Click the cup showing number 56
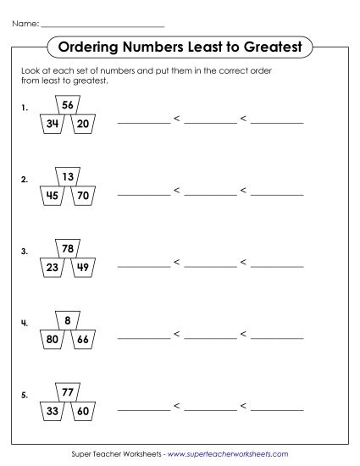[68, 105]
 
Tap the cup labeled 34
[53, 125]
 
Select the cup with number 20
[83, 125]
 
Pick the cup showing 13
[68, 177]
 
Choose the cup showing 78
[68, 249]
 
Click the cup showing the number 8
[68, 321]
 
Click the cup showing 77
[68, 393]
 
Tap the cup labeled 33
[53, 413]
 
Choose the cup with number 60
[83, 413]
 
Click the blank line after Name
[102, 24]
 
